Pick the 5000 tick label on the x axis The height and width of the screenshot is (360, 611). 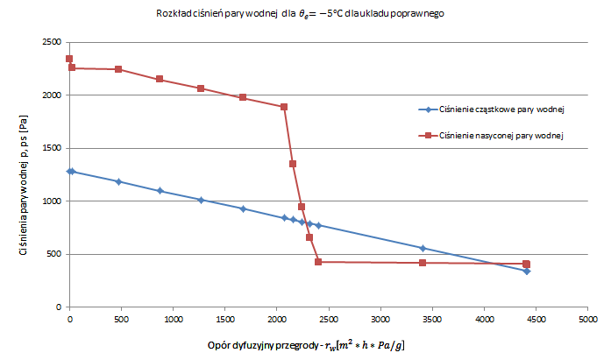588,320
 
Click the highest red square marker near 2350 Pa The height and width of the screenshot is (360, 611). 69,59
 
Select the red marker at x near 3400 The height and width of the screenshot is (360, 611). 423,263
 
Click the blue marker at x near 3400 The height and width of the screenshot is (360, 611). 423,248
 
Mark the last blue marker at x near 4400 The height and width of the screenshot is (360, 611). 526,272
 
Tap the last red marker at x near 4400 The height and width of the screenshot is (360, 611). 526,264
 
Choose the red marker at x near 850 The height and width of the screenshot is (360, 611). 159,79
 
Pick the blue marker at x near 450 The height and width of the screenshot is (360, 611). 118,181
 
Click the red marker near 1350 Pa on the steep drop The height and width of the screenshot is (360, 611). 293,164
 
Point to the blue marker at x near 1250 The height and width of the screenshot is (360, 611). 201,200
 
